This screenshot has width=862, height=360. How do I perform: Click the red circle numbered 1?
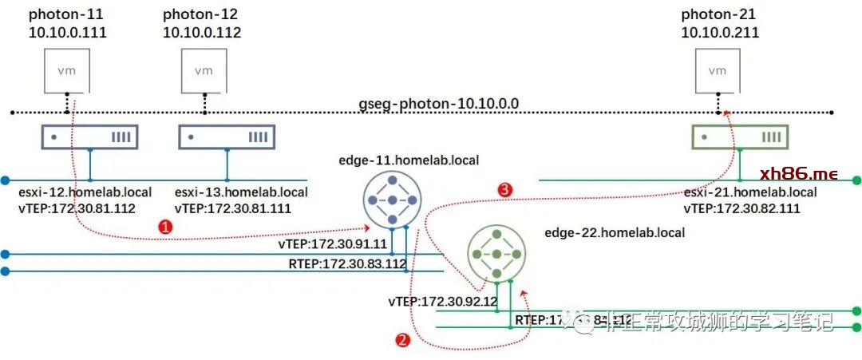pos(165,227)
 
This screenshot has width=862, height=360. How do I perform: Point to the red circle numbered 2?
pos(403,340)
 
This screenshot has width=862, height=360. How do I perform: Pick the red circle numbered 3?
pos(504,190)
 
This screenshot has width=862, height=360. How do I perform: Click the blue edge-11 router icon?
pos(392,200)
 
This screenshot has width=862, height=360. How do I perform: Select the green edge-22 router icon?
pos(496,254)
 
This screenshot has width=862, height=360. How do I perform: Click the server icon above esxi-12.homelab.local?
pos(89,137)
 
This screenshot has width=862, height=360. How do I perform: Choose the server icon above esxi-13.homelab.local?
pos(226,137)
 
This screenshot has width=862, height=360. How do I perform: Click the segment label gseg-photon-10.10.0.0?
pos(439,105)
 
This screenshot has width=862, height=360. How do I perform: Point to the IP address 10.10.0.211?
pos(720,33)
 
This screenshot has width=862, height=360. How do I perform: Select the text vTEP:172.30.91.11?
pos(333,244)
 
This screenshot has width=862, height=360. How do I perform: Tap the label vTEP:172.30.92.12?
pos(443,302)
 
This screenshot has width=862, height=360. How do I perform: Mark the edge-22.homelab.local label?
pos(615,232)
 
